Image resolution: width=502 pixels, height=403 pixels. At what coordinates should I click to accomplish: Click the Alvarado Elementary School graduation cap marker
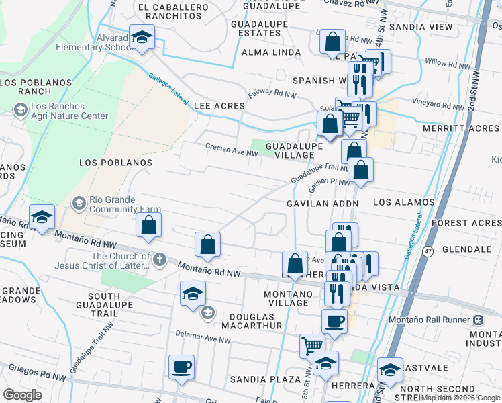(x=142, y=37)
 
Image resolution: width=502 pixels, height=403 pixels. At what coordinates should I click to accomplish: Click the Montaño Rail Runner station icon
(x=479, y=320)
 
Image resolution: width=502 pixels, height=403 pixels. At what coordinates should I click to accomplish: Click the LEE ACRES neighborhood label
(x=218, y=106)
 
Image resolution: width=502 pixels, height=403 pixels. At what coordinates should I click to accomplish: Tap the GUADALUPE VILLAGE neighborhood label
(x=290, y=150)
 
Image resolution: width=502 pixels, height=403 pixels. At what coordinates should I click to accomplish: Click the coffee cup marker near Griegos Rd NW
(x=181, y=367)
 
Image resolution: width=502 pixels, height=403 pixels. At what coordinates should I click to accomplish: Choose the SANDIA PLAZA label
(x=265, y=379)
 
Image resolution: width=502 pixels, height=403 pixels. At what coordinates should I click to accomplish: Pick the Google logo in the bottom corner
(x=22, y=395)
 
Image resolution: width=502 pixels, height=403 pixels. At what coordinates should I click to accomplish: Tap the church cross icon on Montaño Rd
(x=159, y=260)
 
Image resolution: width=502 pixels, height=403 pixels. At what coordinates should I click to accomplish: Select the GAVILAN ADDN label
(x=323, y=203)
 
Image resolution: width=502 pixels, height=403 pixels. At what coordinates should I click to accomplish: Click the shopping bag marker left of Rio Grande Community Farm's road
(x=148, y=226)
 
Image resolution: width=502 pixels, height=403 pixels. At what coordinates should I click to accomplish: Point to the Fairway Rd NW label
(x=272, y=94)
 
